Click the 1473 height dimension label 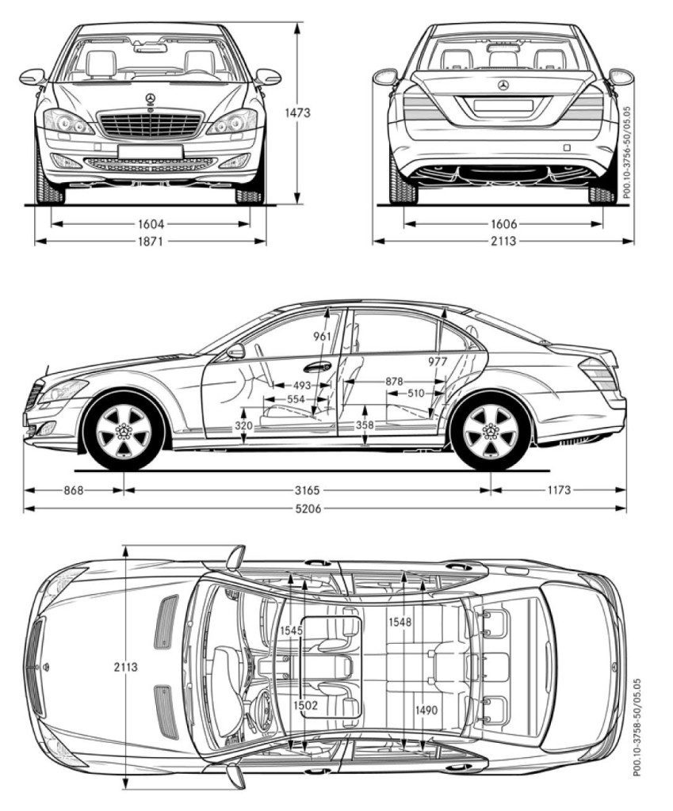[297, 112]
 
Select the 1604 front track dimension [151, 224]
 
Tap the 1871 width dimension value [150, 241]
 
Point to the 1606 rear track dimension [503, 224]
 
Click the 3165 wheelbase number [308, 489]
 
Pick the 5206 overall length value [308, 508]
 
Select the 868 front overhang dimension [74, 489]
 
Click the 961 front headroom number [322, 337]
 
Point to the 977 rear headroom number [438, 362]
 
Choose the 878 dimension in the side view [394, 382]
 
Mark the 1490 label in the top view [426, 710]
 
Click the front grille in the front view [150, 124]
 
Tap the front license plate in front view [150, 151]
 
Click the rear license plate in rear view [503, 105]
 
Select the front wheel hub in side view [124, 430]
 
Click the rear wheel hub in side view [490, 430]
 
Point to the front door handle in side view [317, 367]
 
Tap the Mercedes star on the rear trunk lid [503, 86]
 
